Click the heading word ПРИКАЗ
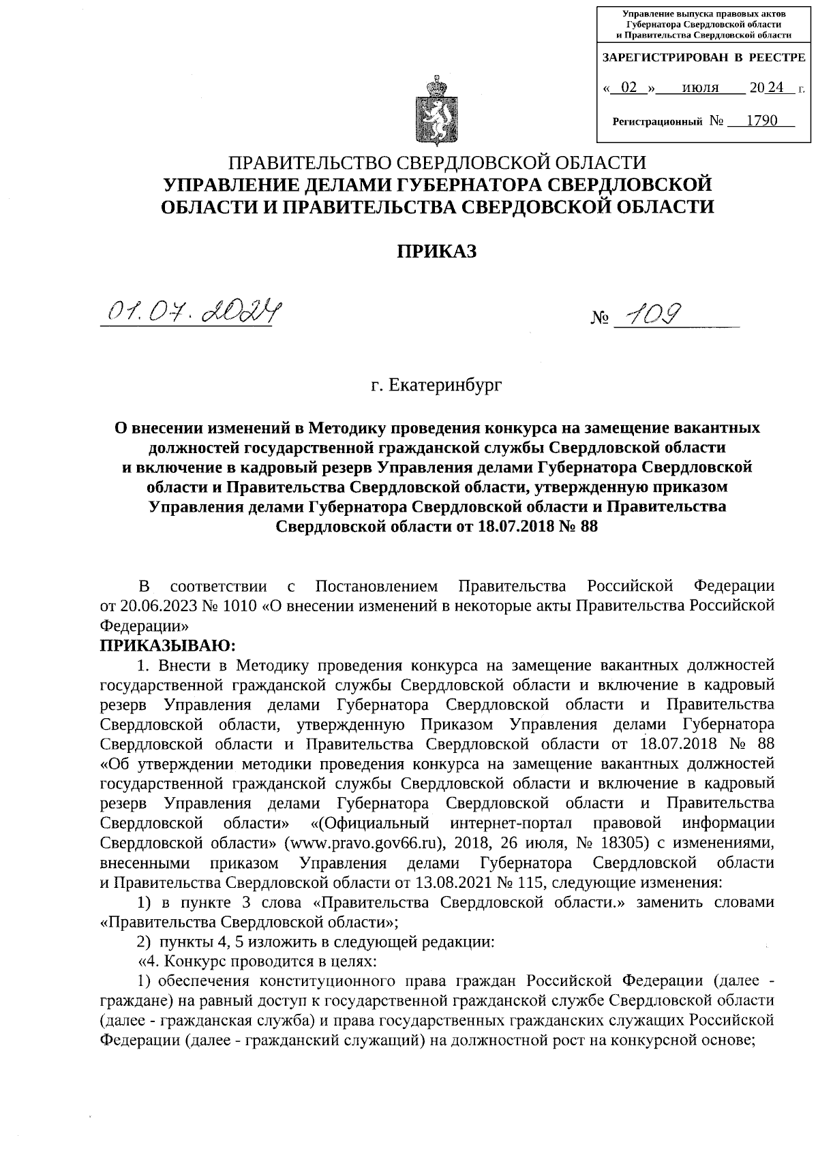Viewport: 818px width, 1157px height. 437,251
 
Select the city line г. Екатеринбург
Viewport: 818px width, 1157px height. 436,386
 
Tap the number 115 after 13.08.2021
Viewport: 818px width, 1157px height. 532,882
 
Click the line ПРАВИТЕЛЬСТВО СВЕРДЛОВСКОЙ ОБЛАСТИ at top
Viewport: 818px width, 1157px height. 436,163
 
